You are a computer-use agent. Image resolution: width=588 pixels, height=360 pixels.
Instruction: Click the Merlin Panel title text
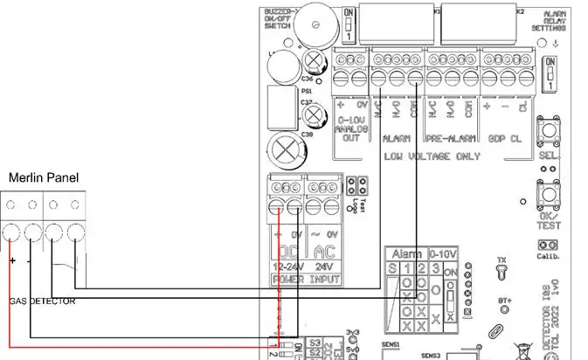tap(44, 178)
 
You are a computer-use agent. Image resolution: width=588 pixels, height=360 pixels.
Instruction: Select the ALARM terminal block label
tap(397, 139)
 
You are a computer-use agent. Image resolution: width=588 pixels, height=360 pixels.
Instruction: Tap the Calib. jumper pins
tap(548, 246)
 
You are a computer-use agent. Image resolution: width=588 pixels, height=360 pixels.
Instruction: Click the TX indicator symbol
tap(501, 271)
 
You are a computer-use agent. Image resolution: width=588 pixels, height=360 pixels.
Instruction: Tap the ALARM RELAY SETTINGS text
tap(555, 22)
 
